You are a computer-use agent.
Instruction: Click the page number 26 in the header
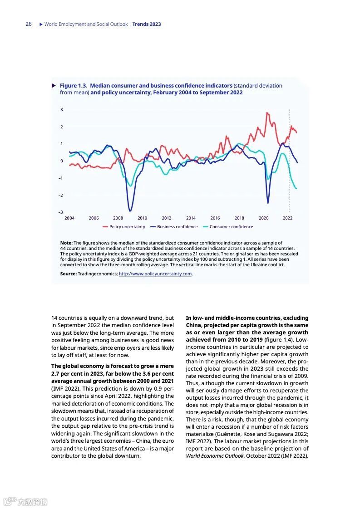[29, 24]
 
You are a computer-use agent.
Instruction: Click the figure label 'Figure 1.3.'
[74, 86]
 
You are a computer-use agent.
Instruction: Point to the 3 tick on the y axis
[62, 110]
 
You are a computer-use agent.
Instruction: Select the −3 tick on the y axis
[61, 212]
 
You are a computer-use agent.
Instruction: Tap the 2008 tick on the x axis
[118, 218]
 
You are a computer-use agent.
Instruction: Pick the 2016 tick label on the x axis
[215, 218]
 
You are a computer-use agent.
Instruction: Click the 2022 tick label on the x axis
[288, 218]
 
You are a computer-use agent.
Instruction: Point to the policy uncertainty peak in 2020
[267, 113]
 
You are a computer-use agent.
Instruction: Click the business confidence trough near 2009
[130, 210]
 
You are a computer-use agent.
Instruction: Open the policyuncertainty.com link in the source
[155, 274]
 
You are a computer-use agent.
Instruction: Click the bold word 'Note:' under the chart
[66, 243]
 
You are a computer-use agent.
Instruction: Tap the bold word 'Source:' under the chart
[69, 274]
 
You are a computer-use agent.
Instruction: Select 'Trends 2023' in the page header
[147, 24]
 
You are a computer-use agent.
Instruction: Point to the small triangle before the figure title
[54, 85]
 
